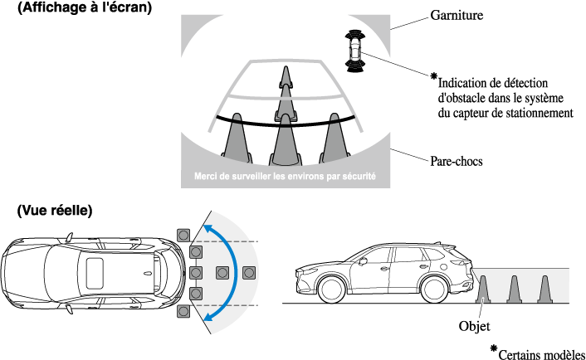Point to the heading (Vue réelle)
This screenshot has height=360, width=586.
54,211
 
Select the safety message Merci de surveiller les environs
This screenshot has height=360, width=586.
285,176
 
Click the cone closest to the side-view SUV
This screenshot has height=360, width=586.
485,288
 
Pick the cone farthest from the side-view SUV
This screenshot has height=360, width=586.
544,288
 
